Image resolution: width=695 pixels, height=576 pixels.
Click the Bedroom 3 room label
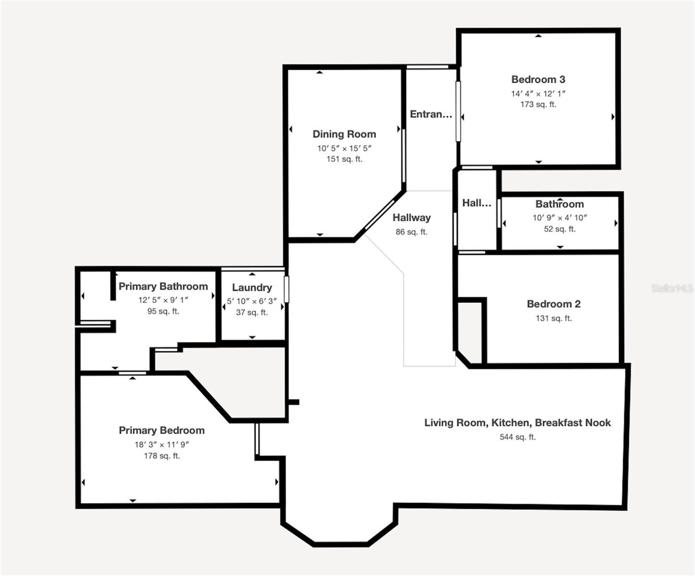(538, 80)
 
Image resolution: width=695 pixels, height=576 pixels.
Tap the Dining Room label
(344, 134)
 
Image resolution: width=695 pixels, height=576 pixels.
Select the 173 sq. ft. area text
(538, 105)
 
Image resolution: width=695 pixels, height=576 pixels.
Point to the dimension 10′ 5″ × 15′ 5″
(344, 148)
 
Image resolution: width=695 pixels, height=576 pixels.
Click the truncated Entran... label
(431, 114)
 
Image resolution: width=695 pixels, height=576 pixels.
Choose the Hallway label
(412, 218)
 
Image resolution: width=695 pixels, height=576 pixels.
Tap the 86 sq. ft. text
(411, 232)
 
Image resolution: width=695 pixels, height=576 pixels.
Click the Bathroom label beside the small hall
(560, 204)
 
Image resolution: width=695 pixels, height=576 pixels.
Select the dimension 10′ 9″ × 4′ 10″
(560, 218)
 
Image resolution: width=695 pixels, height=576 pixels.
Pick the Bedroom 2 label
(553, 304)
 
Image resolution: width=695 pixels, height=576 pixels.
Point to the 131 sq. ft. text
(553, 319)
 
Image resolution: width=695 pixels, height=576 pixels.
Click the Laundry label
(252, 288)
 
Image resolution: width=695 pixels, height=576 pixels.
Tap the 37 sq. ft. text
(252, 312)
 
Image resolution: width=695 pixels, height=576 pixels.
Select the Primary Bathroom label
(163, 287)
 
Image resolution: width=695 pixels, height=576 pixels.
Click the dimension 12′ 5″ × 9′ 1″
(163, 300)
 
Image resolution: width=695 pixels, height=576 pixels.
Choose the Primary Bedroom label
(162, 431)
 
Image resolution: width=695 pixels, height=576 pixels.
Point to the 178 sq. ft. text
(162, 456)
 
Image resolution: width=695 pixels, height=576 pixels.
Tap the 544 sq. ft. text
(517, 437)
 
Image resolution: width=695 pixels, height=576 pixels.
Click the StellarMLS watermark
(672, 288)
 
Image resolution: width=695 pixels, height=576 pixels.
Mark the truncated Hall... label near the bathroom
(477, 203)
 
